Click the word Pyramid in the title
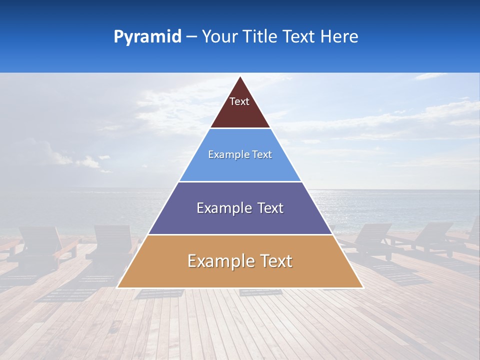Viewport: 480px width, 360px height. pos(147,37)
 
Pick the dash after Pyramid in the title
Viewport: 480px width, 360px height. pos(191,37)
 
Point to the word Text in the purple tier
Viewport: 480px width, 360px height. pos(270,208)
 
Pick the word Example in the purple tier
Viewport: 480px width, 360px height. pos(223,208)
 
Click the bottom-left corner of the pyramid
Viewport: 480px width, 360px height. pos(117,288)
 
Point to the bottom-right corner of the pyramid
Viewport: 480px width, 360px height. pos(363,288)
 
